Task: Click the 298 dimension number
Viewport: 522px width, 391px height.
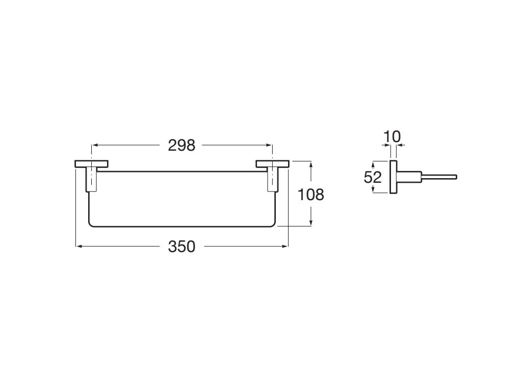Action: (181, 146)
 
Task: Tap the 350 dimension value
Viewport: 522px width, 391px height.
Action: (181, 247)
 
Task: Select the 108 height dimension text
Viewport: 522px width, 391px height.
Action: (310, 194)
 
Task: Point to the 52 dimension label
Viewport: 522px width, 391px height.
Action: (373, 177)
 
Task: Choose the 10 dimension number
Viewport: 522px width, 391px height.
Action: (392, 136)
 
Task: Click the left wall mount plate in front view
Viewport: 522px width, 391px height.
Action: (92, 164)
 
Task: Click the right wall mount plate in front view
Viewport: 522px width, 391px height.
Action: (273, 164)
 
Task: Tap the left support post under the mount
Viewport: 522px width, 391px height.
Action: (92, 180)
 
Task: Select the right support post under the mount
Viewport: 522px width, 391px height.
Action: (273, 180)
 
